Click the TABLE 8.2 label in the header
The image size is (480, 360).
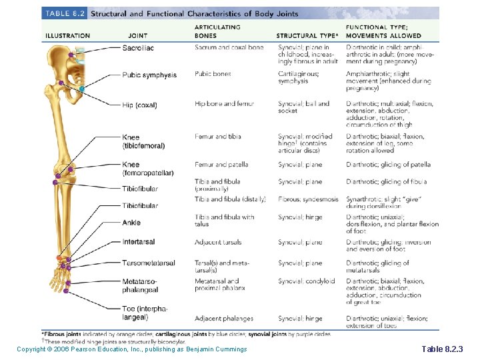pos(64,13)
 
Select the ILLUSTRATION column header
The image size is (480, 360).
pos(67,35)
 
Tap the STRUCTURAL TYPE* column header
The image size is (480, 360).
pos(307,35)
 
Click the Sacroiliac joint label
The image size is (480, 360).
pos(138,47)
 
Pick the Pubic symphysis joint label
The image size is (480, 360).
pos(149,75)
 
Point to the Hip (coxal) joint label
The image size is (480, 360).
pos(139,105)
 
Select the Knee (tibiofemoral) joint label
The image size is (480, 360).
pos(143,141)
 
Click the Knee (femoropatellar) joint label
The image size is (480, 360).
pos(147,169)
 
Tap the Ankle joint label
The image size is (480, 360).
pos(131,223)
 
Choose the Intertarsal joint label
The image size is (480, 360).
pos(139,242)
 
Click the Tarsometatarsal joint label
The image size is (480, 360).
pos(149,263)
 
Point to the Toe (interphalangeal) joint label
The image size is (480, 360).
pos(145,313)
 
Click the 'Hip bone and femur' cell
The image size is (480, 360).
pos(225,104)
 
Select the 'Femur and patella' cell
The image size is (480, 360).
pos(221,165)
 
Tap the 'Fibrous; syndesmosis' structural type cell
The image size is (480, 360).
pos(308,199)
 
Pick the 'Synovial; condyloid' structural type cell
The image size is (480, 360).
pos(306,281)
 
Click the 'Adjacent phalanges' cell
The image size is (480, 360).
pos(224,319)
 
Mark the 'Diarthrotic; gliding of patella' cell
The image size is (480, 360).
pos(388,165)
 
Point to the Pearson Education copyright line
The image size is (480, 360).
pos(132,349)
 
